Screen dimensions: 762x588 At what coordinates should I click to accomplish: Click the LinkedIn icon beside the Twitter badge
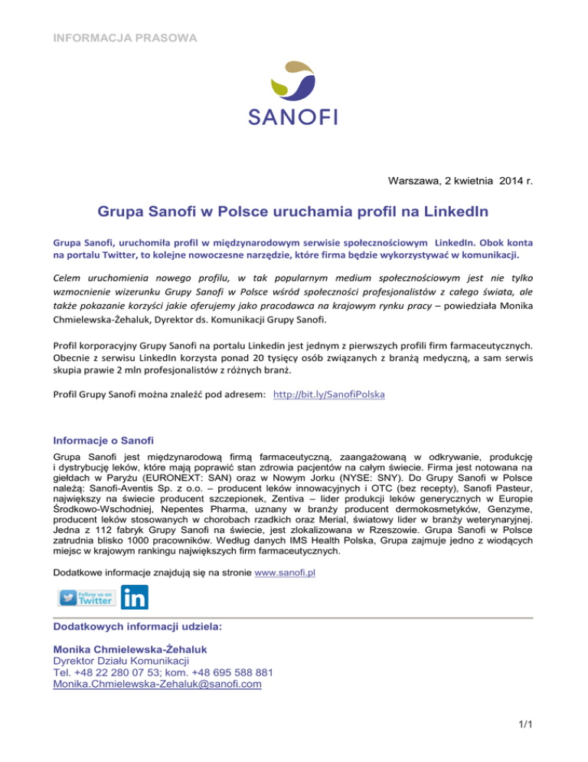pos(136,598)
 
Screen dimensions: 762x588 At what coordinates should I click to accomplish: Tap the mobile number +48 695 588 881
pos(227,674)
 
